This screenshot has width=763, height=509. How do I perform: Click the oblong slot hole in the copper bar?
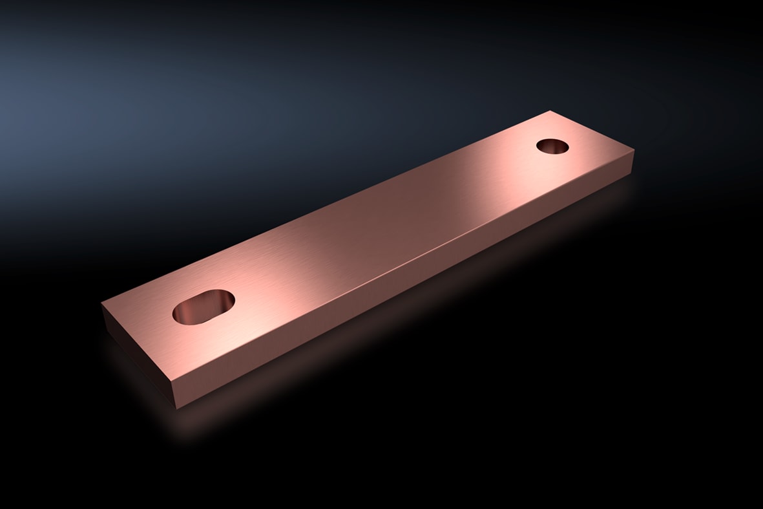point(204,307)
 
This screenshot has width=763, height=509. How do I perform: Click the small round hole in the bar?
point(552,146)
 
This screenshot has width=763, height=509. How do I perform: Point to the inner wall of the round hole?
point(551,149)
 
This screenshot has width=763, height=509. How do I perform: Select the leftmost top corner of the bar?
point(102,303)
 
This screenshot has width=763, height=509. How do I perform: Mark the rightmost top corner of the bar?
point(634,149)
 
